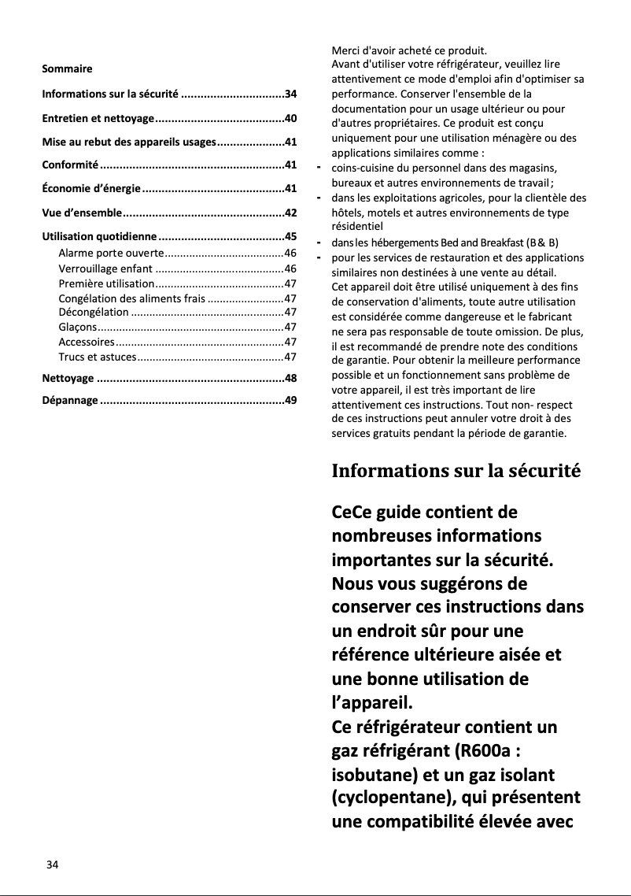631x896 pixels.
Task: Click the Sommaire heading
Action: [67, 69]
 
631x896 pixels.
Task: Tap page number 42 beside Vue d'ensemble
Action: [290, 213]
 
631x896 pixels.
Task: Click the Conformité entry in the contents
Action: [70, 165]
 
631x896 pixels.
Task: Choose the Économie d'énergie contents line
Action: [91, 189]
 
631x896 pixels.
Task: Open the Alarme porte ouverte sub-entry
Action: [111, 253]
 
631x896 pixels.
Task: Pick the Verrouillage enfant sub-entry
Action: [105, 268]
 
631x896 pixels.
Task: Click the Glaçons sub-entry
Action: [78, 327]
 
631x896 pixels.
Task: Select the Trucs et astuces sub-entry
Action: [98, 357]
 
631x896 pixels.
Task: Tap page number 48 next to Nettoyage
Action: [290, 379]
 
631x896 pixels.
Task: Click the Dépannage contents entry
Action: [70, 401]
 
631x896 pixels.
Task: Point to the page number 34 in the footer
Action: [52, 865]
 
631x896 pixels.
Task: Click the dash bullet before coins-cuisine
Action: [319, 168]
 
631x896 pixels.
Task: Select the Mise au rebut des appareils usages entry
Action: [128, 143]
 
